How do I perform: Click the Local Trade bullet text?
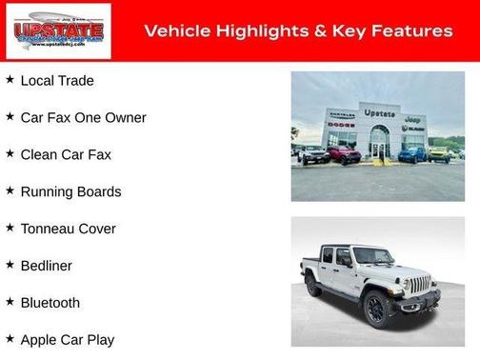[57, 81]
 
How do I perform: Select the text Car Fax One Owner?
[83, 118]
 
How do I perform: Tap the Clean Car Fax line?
[66, 154]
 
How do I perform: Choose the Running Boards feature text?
[70, 191]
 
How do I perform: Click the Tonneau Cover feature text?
[68, 229]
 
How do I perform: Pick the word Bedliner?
[46, 266]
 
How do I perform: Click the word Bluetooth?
[50, 303]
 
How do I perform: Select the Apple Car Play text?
[67, 340]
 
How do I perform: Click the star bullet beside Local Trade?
[10, 80]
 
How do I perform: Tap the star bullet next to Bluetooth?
[10, 302]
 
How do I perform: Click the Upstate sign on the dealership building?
[379, 112]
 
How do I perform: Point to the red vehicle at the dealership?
[344, 153]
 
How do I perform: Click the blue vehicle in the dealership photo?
[411, 153]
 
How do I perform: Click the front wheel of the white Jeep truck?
[374, 310]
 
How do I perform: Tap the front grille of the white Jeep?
[420, 285]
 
